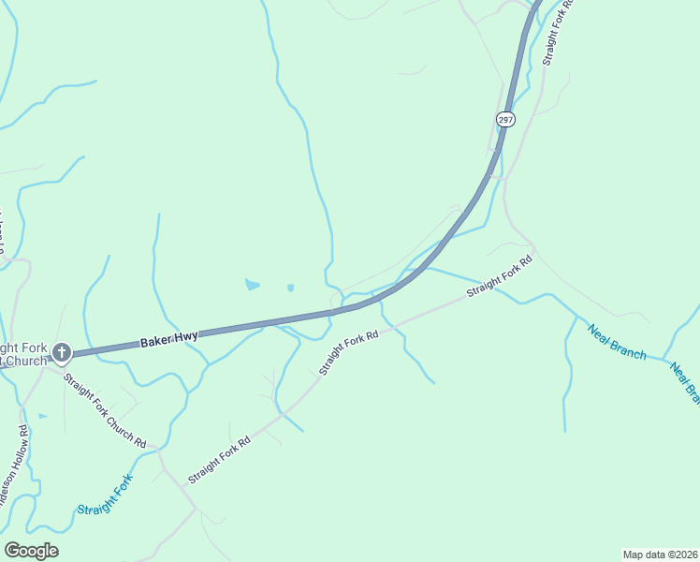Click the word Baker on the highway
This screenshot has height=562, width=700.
156,343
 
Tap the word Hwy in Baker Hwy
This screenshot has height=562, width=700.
184,336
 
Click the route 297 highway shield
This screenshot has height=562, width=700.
505,120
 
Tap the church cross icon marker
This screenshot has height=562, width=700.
62,353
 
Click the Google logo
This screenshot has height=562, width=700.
31,551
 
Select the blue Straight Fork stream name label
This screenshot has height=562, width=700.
106,495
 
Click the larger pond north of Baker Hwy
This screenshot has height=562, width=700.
252,283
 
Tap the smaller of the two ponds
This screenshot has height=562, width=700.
290,287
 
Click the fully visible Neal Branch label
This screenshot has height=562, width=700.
617,341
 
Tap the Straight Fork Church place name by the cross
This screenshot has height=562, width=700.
23,353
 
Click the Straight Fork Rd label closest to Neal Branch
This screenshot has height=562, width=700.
500,277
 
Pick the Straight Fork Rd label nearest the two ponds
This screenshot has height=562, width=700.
348,351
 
